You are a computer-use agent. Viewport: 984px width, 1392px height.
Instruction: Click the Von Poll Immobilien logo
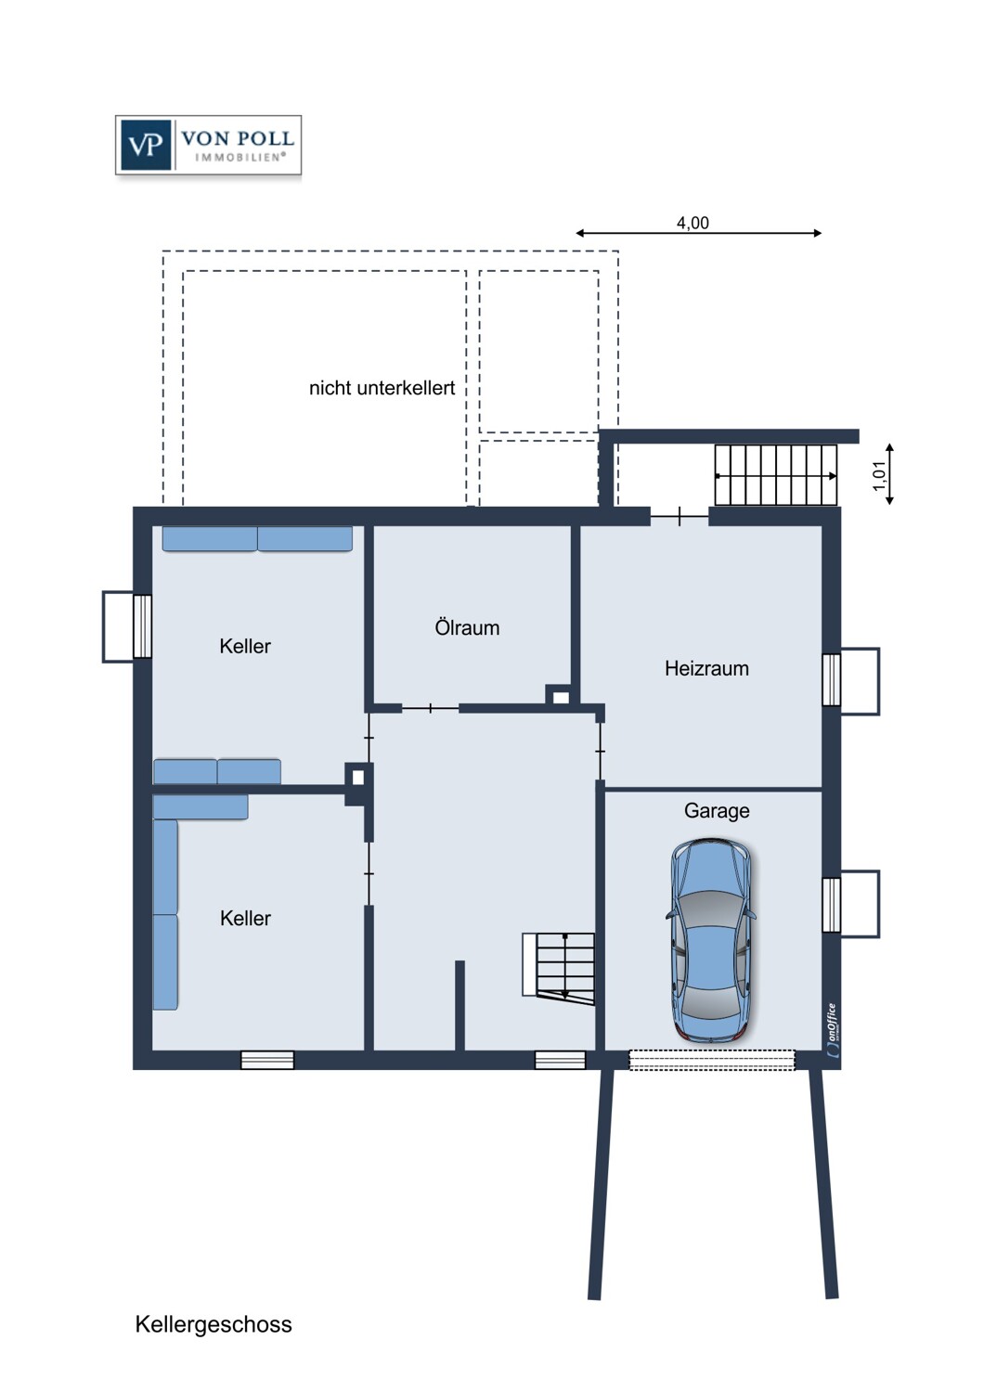coord(208,145)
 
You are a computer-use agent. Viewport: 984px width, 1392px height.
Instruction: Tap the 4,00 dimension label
coord(693,223)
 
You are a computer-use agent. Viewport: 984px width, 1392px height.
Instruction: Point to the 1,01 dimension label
coord(879,475)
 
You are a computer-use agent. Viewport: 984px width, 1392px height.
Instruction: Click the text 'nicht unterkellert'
coord(382,388)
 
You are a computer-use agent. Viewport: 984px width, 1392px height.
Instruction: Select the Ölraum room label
coord(467,628)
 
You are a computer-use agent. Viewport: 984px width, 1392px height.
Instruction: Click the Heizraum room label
coord(706,668)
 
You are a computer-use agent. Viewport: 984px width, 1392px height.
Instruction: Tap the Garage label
coord(717,811)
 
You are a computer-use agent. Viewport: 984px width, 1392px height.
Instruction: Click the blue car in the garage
coord(711,939)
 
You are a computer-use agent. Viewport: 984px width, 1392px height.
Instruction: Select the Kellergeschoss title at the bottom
coord(214,1324)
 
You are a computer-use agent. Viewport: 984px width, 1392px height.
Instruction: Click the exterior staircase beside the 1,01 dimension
coord(775,475)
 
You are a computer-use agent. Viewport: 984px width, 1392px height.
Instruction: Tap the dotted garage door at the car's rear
coord(712,1060)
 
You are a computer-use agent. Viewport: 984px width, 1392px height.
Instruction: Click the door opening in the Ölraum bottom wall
coord(430,709)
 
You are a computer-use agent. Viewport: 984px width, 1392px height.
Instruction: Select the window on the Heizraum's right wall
coord(832,680)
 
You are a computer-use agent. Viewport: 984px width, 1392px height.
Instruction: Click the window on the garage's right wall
coord(832,904)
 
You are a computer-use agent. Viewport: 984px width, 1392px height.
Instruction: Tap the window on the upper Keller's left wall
coord(142,626)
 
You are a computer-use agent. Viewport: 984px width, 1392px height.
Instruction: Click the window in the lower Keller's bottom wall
coord(267,1060)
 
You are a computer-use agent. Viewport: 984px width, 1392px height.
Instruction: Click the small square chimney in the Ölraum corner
coord(560,696)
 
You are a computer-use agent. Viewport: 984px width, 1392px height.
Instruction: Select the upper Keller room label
coord(245,647)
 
